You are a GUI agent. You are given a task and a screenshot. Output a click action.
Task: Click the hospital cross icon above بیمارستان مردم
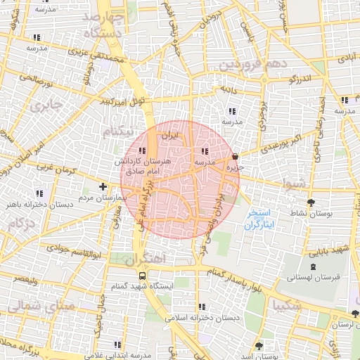tap(103, 187)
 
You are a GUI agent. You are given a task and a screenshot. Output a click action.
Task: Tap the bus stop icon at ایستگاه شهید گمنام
tap(143, 276)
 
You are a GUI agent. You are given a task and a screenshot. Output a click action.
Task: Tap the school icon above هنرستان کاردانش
tap(142, 150)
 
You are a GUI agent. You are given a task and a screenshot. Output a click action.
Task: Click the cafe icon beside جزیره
tap(235, 157)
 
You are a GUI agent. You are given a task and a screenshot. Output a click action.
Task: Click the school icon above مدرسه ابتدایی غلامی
tap(117, 344)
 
